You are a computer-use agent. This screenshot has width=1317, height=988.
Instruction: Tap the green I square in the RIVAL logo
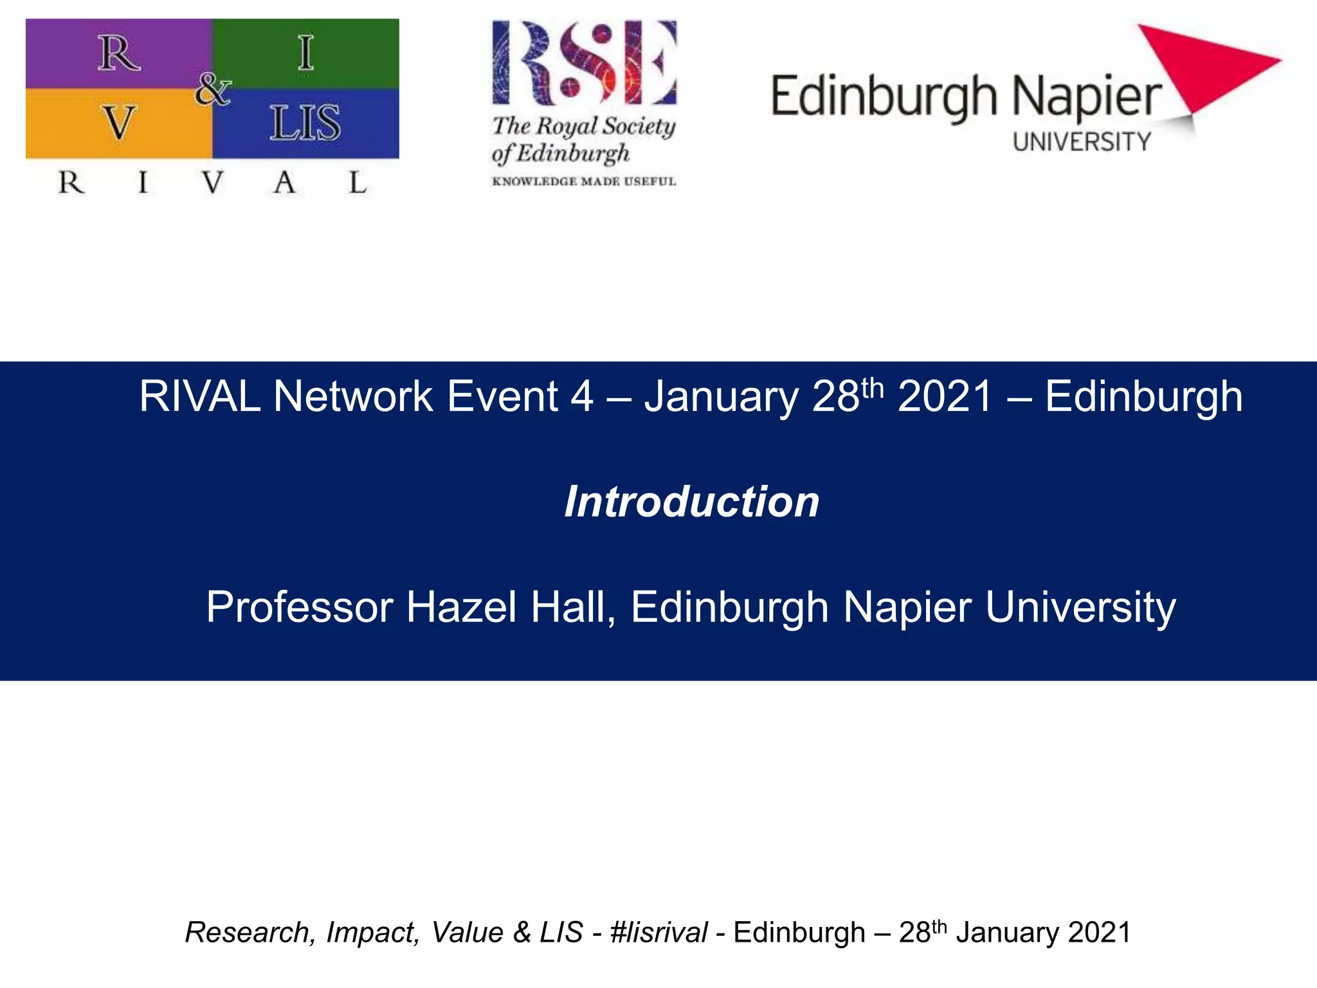[x=305, y=53]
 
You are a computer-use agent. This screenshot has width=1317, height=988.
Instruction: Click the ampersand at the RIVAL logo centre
[x=212, y=89]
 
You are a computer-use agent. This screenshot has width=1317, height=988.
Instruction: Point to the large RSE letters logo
[x=584, y=62]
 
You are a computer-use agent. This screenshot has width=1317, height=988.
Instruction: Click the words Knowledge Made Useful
[x=584, y=182]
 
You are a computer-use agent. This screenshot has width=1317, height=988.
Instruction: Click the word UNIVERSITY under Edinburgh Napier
[x=1082, y=142]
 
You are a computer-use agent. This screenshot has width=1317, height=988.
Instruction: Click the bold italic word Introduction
[x=692, y=502]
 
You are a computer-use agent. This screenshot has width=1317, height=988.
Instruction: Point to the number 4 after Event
[x=581, y=396]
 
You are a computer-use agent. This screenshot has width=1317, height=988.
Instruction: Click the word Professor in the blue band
[x=300, y=607]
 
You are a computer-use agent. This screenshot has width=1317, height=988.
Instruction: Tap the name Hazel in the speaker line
[x=461, y=607]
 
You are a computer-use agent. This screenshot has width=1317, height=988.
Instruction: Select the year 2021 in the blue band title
[x=945, y=396]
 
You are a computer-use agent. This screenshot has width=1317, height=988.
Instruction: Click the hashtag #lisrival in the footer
[x=658, y=933]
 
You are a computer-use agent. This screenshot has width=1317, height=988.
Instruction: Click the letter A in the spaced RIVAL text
[x=284, y=183]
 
